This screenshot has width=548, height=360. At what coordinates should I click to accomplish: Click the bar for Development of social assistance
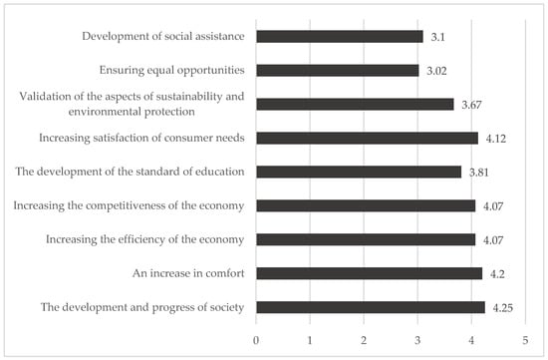(x=340, y=37)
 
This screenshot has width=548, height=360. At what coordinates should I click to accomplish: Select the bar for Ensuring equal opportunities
(x=338, y=71)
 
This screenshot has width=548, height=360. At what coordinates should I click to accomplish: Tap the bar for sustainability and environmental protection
(x=355, y=104)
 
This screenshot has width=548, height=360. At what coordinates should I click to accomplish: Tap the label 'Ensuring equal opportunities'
(x=169, y=71)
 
